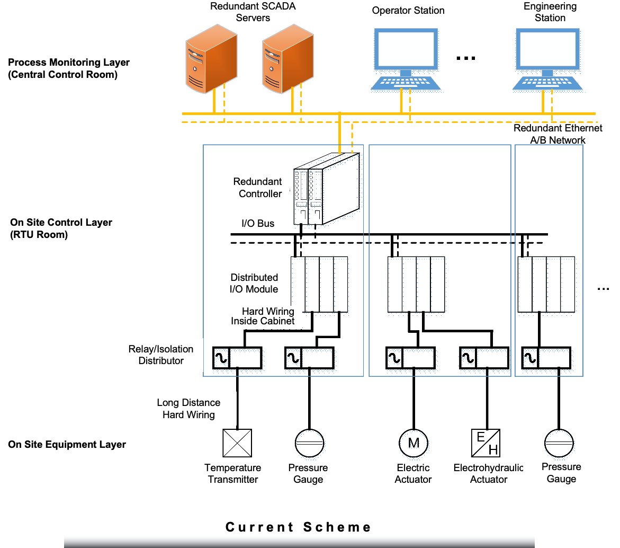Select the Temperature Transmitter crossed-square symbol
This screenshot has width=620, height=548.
pos(237,443)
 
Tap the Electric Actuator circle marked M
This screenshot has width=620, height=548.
pos(413,443)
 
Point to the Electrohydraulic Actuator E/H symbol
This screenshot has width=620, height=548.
pos(485,443)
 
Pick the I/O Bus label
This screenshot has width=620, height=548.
pos(258,224)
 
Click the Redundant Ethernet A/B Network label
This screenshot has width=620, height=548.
pos(558,134)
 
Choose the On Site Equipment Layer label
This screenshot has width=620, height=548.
pos(67,445)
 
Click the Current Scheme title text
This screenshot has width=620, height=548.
pos(298,527)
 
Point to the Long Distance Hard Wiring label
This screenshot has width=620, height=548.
pos(188,409)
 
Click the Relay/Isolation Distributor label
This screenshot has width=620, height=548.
pos(161,355)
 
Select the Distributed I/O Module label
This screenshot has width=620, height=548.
pos(254,284)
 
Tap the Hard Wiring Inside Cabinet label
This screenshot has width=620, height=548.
pos(262,316)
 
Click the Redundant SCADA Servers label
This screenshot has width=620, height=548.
pos(253,12)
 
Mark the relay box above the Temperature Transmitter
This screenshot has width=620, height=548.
pos(237,358)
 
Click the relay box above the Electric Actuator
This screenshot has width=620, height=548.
pos(410,358)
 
